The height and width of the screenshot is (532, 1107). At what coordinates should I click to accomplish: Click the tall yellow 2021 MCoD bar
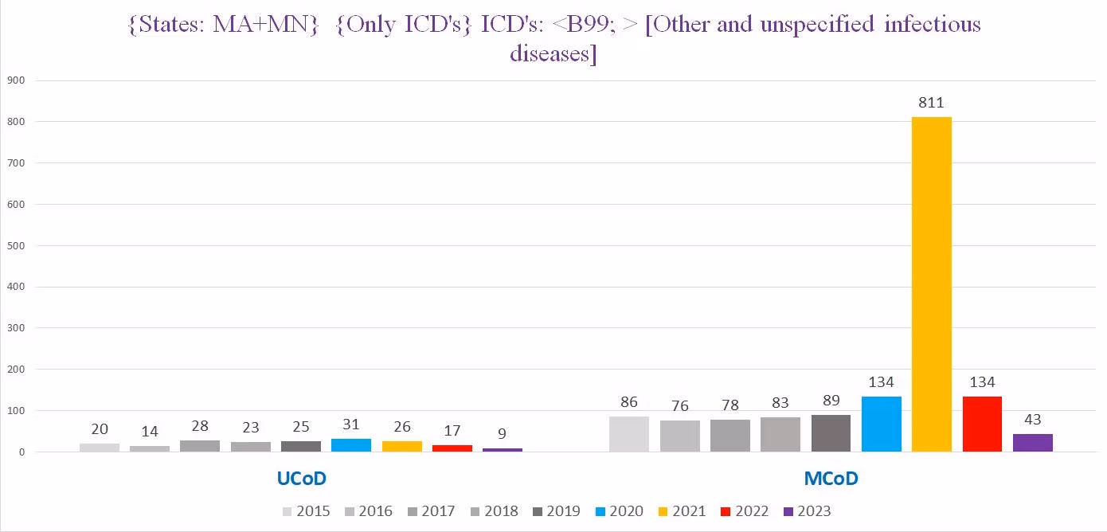(931, 284)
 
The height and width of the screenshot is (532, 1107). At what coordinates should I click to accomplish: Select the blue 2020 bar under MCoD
(881, 424)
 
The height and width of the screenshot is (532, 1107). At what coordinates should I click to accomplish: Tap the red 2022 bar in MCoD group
(982, 424)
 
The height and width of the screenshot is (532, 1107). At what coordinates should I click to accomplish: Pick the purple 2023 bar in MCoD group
(1032, 443)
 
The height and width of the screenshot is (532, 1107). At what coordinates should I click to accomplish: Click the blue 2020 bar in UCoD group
(351, 445)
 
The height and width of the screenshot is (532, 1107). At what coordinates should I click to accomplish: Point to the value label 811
(930, 103)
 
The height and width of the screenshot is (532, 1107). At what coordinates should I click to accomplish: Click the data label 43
(1032, 420)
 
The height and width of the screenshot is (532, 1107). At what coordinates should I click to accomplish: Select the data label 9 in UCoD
(503, 434)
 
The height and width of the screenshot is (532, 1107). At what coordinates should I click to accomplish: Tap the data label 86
(629, 402)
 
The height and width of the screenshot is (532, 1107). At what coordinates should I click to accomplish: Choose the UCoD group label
(301, 479)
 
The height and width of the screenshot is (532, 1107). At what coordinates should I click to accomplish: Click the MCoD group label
(831, 479)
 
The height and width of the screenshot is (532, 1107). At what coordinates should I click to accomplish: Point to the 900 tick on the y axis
(16, 80)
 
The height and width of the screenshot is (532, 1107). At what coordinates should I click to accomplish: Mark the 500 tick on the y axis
(16, 245)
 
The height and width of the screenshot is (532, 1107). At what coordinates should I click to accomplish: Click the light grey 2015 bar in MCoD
(629, 434)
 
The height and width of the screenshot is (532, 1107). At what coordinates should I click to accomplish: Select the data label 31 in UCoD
(351, 424)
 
